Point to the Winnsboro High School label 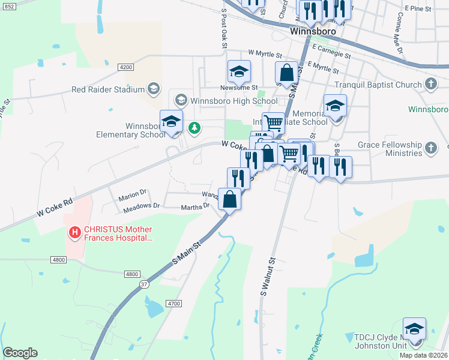(234, 101)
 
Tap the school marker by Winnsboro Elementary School (171, 121)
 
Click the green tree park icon (194, 127)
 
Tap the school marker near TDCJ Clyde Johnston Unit (414, 329)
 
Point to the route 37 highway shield (144, 284)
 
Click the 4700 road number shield (174, 304)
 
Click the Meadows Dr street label (141, 205)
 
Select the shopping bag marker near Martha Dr (229, 199)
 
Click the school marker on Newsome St (238, 72)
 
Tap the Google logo (20, 353)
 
